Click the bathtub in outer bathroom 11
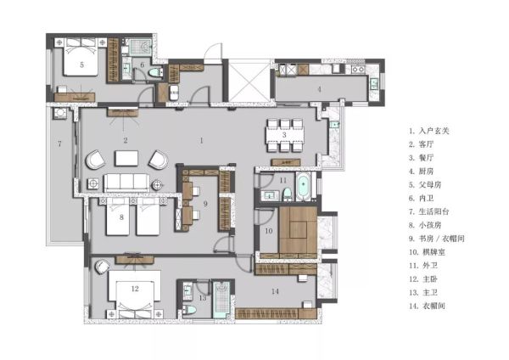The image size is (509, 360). pos(303,187)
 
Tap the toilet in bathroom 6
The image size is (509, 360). pos(155,73)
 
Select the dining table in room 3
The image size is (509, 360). pos(285,135)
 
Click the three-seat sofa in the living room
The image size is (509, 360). pos(126,183)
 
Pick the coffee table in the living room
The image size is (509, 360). pos(126,158)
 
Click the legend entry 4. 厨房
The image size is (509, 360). pos(421,172)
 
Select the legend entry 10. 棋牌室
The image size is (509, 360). pos(427,252)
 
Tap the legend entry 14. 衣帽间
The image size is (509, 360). pos(427,306)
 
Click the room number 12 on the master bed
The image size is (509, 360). pos(135,289)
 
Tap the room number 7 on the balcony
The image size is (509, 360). pos(59,143)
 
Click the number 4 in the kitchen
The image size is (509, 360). pos(320,89)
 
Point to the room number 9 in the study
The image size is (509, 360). pos(205,204)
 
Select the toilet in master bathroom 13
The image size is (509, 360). pos(189,309)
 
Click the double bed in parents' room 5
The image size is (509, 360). pos(81,57)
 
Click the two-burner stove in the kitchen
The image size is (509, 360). pos(358,69)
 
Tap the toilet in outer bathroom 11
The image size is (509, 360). pos(288,194)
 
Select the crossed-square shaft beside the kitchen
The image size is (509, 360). pos(249,81)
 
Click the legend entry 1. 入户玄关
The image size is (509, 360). pos(428,131)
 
